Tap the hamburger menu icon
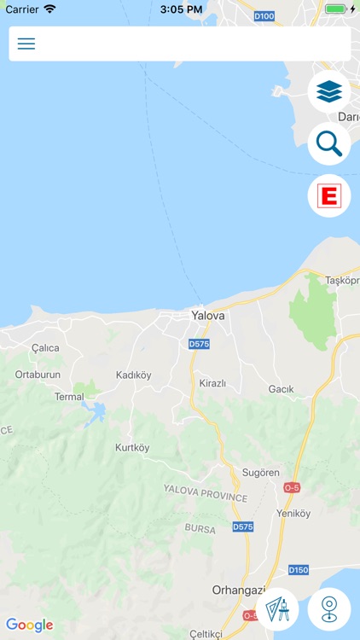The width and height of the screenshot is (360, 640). (26, 44)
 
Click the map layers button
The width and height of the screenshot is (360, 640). (329, 90)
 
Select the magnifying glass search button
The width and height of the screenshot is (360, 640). (329, 144)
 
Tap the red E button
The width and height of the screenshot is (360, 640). (329, 196)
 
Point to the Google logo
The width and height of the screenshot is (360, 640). (29, 625)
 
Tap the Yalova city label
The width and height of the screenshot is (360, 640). (208, 316)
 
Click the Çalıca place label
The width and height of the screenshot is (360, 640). (45, 348)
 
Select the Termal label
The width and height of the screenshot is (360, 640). (70, 397)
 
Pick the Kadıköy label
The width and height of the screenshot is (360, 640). (133, 375)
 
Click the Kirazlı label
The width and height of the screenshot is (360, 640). (212, 384)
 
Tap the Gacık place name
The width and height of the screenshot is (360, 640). (281, 389)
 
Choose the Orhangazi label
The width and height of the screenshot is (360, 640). (239, 590)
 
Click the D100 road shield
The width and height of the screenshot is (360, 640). (264, 15)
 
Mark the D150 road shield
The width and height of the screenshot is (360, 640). (299, 570)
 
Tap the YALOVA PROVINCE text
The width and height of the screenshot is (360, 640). (205, 492)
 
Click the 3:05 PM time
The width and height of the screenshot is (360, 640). (179, 9)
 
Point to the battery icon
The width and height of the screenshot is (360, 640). (335, 9)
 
